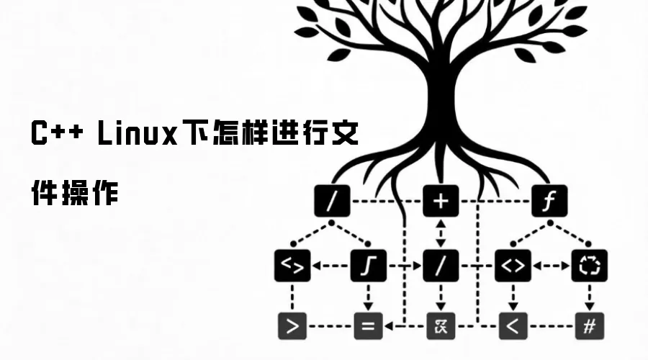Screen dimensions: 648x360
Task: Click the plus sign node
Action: point(440,201)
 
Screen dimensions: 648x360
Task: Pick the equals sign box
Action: point(368,326)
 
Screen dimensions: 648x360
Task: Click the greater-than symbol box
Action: point(292,326)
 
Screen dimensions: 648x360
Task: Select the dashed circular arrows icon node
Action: point(589,265)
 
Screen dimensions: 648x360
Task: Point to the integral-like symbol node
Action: point(368,265)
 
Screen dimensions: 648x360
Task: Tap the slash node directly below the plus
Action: point(440,265)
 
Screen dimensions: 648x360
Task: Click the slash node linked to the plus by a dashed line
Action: point(332,201)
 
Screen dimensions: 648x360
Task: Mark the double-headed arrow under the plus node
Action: point(440,233)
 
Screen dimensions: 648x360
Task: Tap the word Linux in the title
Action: point(137,135)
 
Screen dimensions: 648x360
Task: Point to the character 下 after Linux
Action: point(196,135)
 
